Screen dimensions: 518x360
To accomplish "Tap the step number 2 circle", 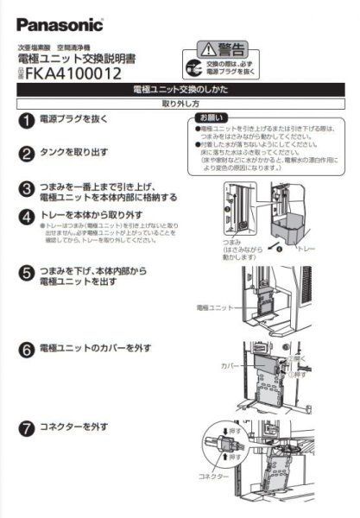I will pyautogui.click(x=27, y=154).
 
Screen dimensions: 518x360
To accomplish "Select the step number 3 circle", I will pyautogui.click(x=27, y=188).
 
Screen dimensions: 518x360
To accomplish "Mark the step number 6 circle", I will pyautogui.click(x=27, y=348).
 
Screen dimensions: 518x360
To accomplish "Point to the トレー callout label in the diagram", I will pyautogui.click(x=307, y=248).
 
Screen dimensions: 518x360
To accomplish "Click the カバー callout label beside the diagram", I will pyautogui.click(x=229, y=366).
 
